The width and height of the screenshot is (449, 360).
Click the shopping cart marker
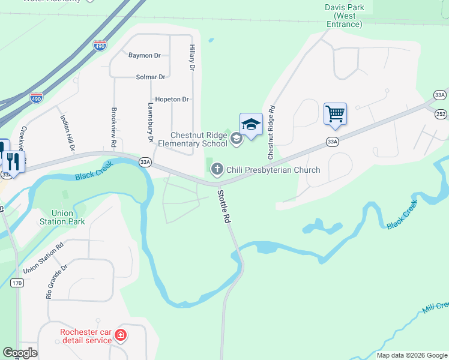click(x=335, y=113)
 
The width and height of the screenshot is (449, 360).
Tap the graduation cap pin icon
click(x=251, y=124)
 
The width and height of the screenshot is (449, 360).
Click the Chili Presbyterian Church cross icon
click(x=217, y=170)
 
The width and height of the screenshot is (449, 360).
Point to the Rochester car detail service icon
click(x=121, y=334)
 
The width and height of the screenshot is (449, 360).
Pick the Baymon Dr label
click(x=145, y=56)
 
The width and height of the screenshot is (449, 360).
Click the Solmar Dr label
click(x=151, y=77)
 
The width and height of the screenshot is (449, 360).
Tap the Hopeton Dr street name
click(x=172, y=99)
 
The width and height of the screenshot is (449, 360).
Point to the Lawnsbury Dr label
click(x=151, y=122)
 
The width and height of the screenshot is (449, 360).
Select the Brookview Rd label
click(x=113, y=128)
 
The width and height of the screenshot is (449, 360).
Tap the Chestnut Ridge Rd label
click(x=271, y=133)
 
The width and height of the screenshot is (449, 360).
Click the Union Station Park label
click(x=62, y=217)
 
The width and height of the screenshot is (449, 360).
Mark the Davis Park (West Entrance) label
click(x=345, y=16)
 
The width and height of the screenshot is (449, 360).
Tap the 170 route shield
click(x=17, y=283)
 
